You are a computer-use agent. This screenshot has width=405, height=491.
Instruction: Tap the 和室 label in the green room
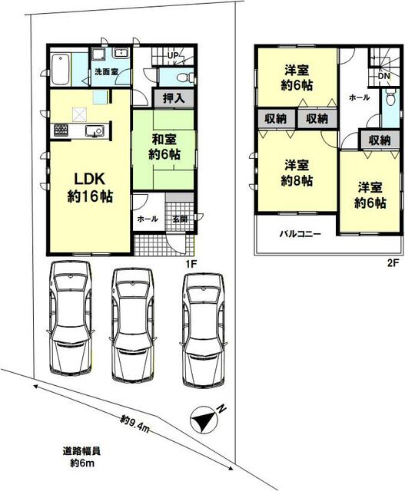[164, 140]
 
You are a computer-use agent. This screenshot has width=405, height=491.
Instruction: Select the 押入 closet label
[174, 98]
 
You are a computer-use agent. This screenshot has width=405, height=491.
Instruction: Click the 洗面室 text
[106, 71]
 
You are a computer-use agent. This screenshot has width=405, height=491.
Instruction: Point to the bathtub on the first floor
[60, 69]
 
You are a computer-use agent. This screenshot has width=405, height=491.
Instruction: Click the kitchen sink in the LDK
[95, 130]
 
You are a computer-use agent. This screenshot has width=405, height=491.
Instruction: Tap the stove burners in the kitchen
[61, 130]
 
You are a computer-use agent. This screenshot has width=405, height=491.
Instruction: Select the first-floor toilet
[184, 77]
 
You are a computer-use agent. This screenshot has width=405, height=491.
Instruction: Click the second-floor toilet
[390, 98]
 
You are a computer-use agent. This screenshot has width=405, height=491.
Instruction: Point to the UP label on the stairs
[173, 55]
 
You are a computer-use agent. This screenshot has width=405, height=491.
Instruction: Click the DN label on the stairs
[384, 76]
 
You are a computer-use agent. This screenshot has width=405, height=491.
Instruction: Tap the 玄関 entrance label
[180, 219]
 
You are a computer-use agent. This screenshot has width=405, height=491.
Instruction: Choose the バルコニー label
[300, 234]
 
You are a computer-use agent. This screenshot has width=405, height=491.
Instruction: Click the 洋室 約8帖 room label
[297, 173]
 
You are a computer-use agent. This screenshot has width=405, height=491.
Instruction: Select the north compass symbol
[204, 420]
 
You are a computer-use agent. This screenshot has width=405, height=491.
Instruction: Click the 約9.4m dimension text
[135, 424]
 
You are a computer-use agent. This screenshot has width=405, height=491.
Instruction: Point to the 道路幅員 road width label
[82, 451]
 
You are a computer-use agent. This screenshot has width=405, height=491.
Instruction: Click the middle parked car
[133, 325]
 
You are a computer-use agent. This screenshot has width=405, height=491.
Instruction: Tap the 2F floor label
[393, 263]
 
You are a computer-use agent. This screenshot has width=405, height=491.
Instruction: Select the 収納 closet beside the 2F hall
[380, 140]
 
